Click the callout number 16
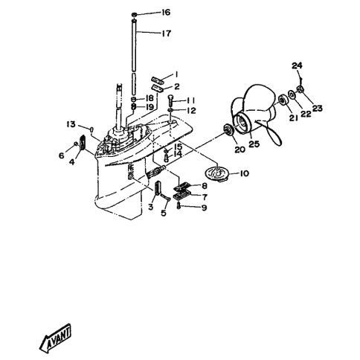(x=166, y=12)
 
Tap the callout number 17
(x=167, y=33)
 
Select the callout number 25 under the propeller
(x=254, y=144)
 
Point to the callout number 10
(x=244, y=173)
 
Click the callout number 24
(x=297, y=65)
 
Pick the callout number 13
(x=71, y=124)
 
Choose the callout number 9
(x=204, y=208)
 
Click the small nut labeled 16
(x=134, y=14)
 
